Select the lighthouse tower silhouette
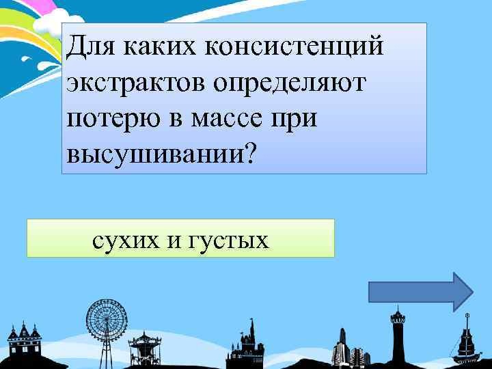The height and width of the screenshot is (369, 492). pos(396,335)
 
